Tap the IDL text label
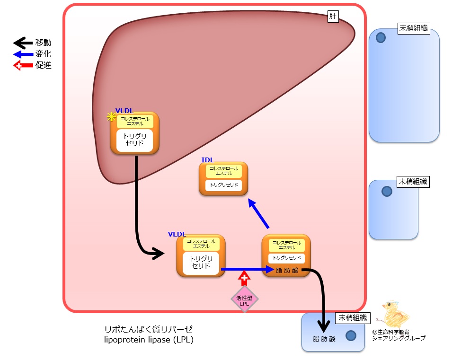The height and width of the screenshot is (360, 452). point(207,160)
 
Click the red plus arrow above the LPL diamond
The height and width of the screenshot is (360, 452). point(244,279)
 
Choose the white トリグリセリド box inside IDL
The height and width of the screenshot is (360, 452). point(223,184)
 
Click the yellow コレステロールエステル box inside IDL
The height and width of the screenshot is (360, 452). point(223,171)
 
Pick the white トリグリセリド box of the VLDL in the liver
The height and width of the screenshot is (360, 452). point(135,140)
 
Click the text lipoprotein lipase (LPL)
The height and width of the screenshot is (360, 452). point(148,339)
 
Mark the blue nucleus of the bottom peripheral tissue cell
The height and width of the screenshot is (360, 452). point(351,335)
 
